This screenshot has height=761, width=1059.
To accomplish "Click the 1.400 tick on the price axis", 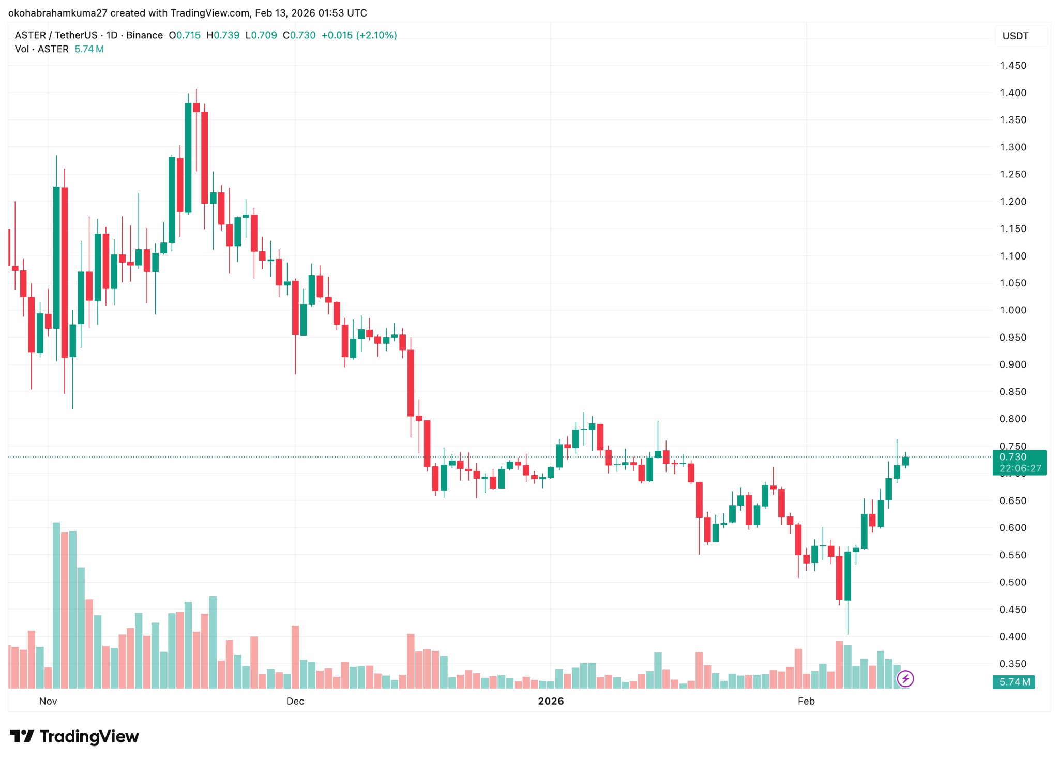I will [1012, 93].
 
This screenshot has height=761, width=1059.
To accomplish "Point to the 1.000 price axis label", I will [1012, 310].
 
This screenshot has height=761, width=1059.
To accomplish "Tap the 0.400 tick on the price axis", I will [1012, 636].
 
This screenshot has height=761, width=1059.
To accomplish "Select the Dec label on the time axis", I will [295, 701].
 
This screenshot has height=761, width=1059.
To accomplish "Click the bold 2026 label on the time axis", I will [551, 701].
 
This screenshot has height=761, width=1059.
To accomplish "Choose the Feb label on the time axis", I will [806, 701].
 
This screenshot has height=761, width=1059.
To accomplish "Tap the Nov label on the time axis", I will [48, 701].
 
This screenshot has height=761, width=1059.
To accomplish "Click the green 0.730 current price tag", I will [1013, 457].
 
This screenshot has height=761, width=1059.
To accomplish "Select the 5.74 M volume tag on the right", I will [1014, 682].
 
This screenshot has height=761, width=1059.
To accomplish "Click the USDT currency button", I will [1016, 36].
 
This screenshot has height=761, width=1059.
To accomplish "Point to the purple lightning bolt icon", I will [905, 678].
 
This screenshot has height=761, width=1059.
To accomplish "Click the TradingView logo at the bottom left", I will [74, 736].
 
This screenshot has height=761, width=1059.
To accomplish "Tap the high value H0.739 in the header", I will [223, 35].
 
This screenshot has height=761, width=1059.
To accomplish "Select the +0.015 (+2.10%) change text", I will [359, 35].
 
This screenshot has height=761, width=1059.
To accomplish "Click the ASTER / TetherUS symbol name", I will [56, 35].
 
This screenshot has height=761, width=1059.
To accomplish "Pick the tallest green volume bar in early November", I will [56, 605].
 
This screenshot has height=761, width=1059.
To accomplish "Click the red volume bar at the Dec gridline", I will [295, 657].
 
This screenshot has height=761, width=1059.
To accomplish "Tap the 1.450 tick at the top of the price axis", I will [1012, 66].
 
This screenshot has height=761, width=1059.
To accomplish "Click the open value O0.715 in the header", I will [185, 35].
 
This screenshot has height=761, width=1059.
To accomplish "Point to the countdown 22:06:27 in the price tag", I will [1020, 468].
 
